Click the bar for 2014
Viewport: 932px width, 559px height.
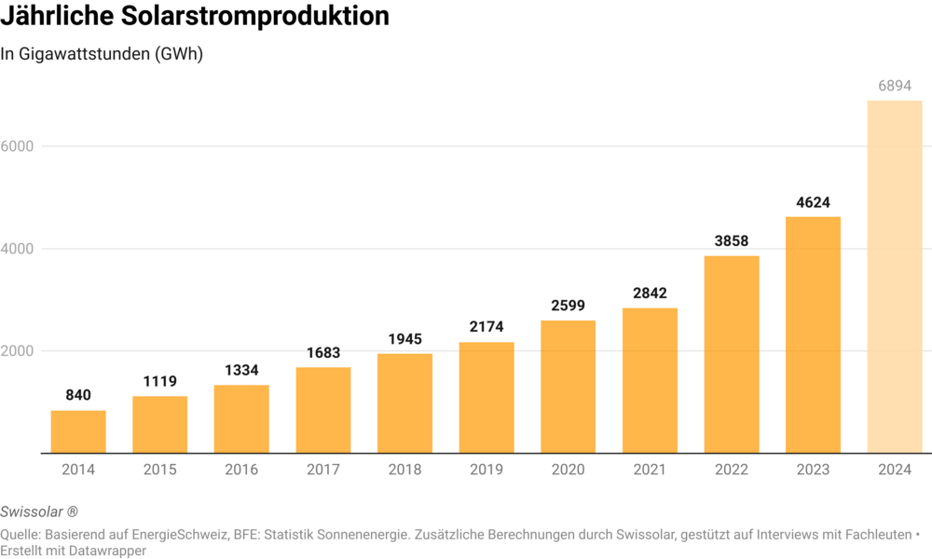(x=78, y=431)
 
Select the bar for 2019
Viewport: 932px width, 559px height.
(x=487, y=398)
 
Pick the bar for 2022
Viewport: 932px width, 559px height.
(x=732, y=354)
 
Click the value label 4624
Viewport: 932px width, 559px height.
(x=813, y=202)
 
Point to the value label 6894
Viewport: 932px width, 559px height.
(x=895, y=86)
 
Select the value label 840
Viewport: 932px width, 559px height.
(x=78, y=396)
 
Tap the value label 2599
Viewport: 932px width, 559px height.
(x=569, y=306)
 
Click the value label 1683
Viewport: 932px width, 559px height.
(x=323, y=353)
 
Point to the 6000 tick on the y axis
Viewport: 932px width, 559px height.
(x=19, y=146)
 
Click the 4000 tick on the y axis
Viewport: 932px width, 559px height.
(x=19, y=249)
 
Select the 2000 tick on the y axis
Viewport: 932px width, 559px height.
(x=19, y=351)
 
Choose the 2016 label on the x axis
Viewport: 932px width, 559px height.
(x=241, y=470)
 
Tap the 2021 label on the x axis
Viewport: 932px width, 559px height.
(x=650, y=470)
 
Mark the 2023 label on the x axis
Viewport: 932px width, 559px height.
(x=813, y=470)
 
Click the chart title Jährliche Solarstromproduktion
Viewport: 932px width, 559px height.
(x=195, y=17)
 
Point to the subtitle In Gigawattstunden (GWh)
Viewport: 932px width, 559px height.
(x=102, y=54)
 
